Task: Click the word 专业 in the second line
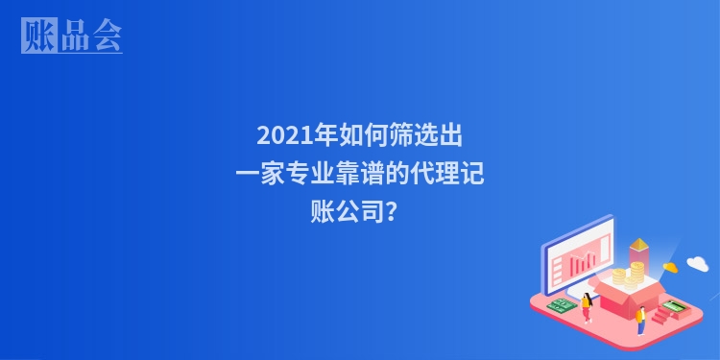pyautogui.click(x=313, y=174)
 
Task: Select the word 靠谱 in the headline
pyautogui.click(x=359, y=174)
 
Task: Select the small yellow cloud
pyautogui.click(x=670, y=268)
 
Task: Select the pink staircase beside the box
pyautogui.click(x=660, y=315)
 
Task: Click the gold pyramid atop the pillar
pyautogui.click(x=638, y=247)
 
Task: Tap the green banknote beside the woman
pyautogui.click(x=562, y=305)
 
